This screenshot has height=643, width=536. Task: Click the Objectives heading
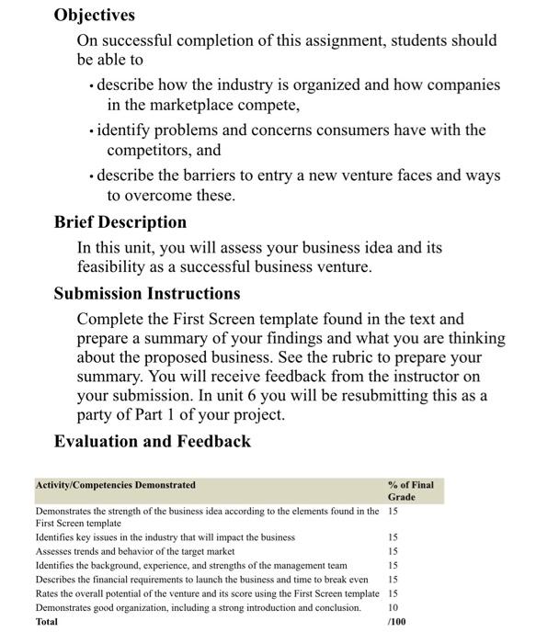tap(95, 15)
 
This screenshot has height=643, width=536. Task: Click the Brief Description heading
tap(120, 222)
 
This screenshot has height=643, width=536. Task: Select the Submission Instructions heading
tap(147, 294)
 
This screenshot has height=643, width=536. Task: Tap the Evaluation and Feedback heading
tap(153, 441)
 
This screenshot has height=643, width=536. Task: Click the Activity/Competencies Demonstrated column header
tap(115, 485)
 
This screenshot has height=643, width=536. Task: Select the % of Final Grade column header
tap(410, 491)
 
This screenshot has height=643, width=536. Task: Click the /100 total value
tap(397, 622)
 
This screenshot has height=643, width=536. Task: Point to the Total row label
tap(46, 622)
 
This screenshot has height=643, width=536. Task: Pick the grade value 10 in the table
tap(393, 608)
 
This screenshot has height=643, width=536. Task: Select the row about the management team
tap(191, 566)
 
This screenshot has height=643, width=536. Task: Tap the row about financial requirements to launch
tap(201, 580)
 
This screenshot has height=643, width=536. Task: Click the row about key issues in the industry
tap(165, 536)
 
